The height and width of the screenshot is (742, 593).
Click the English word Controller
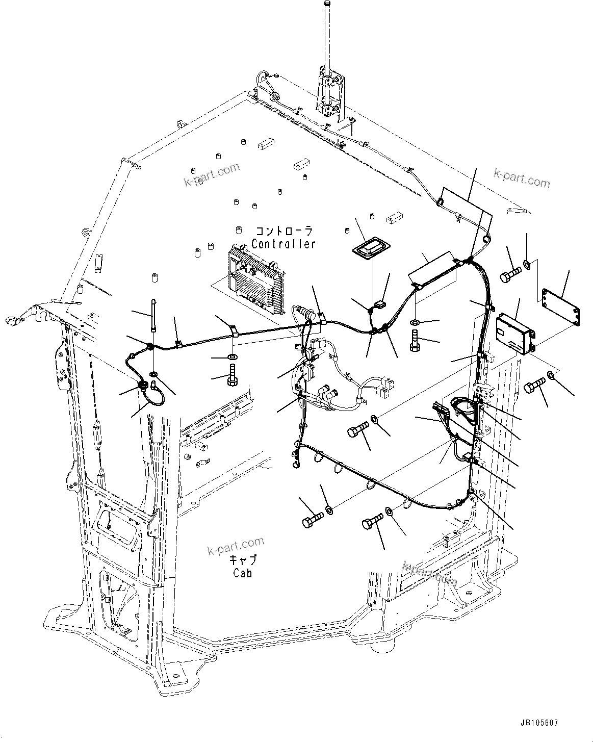pos(283,244)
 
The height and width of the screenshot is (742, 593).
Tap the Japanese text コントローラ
pos(283,231)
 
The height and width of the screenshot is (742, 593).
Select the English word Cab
pos(243,573)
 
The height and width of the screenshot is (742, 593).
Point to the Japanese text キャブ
pos(243,560)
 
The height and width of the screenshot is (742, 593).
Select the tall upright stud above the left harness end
pos(152,316)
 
